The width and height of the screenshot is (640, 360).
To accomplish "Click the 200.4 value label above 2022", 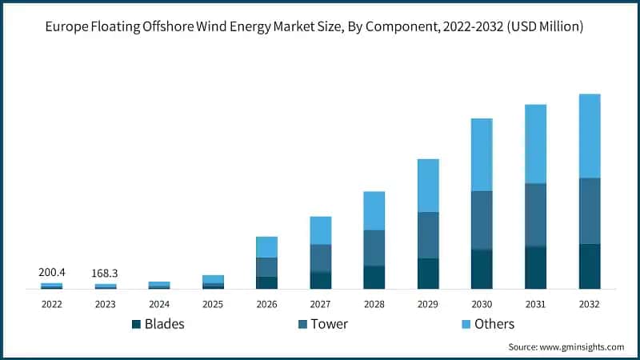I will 51,273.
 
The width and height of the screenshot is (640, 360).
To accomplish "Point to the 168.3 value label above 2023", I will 105,274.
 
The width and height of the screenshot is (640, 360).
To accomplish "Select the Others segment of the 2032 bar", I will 590,136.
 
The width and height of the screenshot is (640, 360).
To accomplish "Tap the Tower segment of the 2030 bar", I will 482,220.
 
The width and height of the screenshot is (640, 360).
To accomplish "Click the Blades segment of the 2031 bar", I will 535,267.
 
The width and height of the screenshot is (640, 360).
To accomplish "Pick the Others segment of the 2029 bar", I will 428,186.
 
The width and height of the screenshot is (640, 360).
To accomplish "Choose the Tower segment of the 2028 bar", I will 374,248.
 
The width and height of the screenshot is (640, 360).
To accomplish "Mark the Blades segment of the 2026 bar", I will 266,282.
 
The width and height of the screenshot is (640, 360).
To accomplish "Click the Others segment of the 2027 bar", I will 321,230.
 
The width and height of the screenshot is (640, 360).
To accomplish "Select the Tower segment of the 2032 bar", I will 590,210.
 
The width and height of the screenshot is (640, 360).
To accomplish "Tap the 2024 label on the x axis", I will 159,304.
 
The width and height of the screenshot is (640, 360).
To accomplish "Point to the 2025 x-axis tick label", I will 213,304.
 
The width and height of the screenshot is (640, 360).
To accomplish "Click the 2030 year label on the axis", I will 482,304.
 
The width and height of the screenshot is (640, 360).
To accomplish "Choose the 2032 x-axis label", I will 590,304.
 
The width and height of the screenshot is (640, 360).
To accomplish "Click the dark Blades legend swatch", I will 136,324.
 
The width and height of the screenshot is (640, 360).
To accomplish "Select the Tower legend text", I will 329,324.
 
